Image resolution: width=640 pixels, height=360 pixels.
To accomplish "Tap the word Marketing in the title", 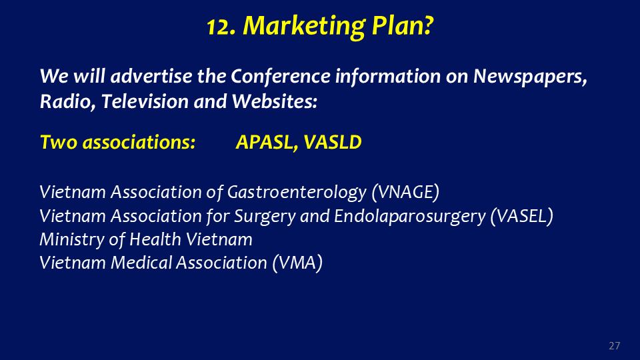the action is tap(304, 27).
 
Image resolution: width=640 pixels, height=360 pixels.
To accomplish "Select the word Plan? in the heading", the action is tap(403, 26).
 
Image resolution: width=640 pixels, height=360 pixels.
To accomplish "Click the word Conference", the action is tap(281, 76).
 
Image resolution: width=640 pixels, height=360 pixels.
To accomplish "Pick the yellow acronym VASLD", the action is tap(333, 142).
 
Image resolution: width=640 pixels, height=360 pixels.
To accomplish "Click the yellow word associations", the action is tap(139, 142).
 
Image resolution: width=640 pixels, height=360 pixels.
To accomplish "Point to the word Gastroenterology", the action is tap(297, 193).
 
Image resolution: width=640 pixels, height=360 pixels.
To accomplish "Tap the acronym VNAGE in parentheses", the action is tap(405, 192).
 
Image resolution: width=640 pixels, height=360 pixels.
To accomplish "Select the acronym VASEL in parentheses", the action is tap(521, 216).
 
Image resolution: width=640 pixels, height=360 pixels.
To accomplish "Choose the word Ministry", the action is tap(72, 240).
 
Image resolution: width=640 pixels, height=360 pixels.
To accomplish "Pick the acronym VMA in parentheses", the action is tap(297, 263).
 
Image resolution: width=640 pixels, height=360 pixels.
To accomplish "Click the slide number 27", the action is tap(614, 346).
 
